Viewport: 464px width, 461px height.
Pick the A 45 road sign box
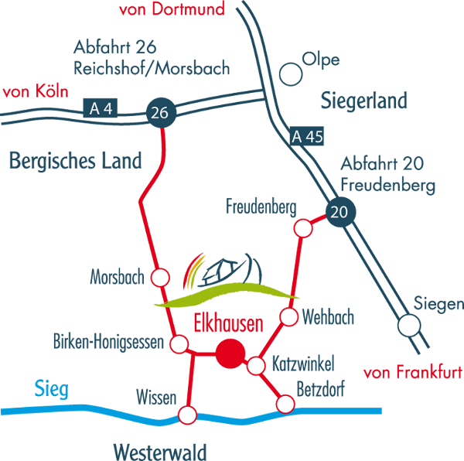click(x=308, y=137)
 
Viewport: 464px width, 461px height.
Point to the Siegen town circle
click(x=409, y=326)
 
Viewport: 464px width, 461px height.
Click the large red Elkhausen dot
click(x=230, y=353)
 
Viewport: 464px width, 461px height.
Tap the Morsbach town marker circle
click(x=161, y=278)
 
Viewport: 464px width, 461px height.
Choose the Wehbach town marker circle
click(x=288, y=316)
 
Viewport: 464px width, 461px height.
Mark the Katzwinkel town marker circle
click(x=256, y=365)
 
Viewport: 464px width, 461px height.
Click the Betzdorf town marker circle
click(x=285, y=404)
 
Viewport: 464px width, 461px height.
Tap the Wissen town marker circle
click(x=188, y=415)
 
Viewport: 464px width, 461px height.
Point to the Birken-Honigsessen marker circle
click(x=179, y=343)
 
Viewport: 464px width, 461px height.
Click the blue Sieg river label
click(x=52, y=388)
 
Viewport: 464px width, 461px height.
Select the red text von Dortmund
click(x=171, y=10)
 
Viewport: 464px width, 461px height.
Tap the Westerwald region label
click(x=159, y=450)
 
